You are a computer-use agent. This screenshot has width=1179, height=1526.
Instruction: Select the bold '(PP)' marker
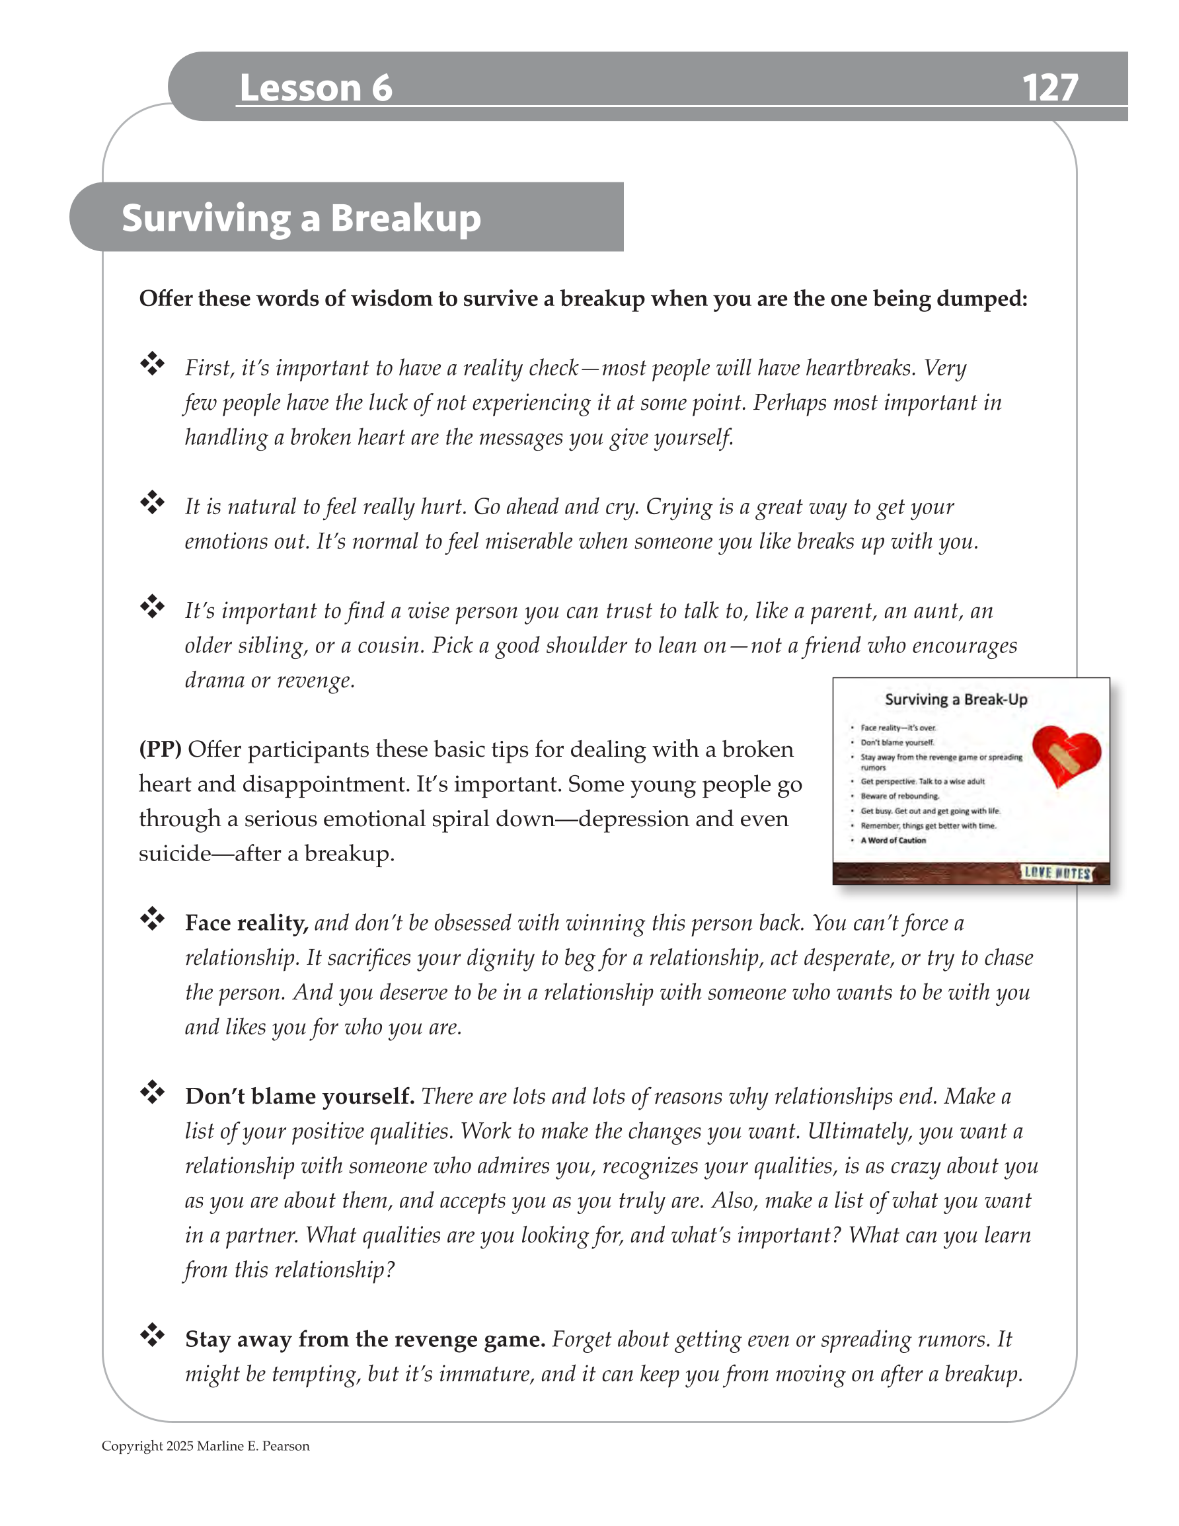tap(160, 749)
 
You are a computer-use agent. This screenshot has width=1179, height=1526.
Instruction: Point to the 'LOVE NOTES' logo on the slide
tap(1056, 872)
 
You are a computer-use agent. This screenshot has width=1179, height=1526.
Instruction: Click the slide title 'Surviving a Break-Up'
tap(956, 699)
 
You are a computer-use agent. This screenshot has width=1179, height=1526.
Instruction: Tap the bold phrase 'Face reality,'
tap(246, 923)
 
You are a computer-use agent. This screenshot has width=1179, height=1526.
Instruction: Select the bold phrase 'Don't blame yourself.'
tap(300, 1096)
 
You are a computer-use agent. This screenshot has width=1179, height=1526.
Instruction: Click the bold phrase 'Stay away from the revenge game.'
tap(365, 1340)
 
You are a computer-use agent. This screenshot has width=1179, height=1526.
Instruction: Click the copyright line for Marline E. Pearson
tap(206, 1445)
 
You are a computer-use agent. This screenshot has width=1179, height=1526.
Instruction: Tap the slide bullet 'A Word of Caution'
tap(892, 841)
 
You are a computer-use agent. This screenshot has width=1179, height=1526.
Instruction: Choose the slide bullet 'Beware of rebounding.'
tap(899, 796)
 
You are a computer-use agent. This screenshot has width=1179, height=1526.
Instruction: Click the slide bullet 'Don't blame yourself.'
tap(897, 743)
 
